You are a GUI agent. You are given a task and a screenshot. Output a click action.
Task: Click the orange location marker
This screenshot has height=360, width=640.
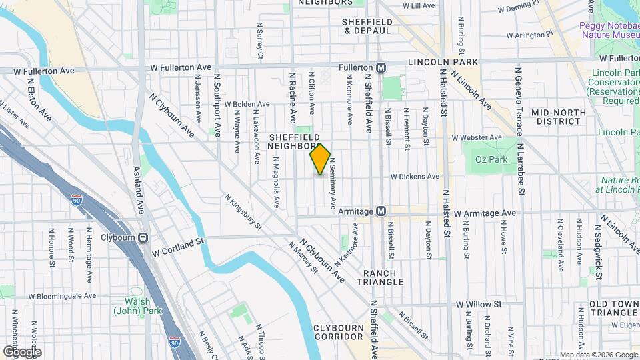(x=320, y=159)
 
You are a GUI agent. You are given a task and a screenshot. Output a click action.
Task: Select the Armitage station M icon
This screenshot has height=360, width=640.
(x=381, y=211)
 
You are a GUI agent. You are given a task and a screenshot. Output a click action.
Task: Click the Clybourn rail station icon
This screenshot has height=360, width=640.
(x=143, y=237)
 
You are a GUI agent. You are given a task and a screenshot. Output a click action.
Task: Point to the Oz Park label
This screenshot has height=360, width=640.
(x=491, y=159)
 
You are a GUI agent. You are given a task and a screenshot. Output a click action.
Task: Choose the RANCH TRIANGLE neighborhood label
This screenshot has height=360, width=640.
(x=383, y=277)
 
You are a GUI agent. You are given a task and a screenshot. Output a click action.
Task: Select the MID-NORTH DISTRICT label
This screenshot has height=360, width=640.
(x=556, y=117)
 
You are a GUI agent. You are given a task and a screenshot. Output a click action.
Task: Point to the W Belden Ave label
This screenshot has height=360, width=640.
(x=247, y=104)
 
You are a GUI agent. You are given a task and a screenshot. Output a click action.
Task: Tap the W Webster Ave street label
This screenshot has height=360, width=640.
(x=476, y=137)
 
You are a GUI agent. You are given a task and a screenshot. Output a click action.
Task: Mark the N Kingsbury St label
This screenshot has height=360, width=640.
(x=243, y=212)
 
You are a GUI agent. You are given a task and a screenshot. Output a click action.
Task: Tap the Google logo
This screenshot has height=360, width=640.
(x=22, y=351)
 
